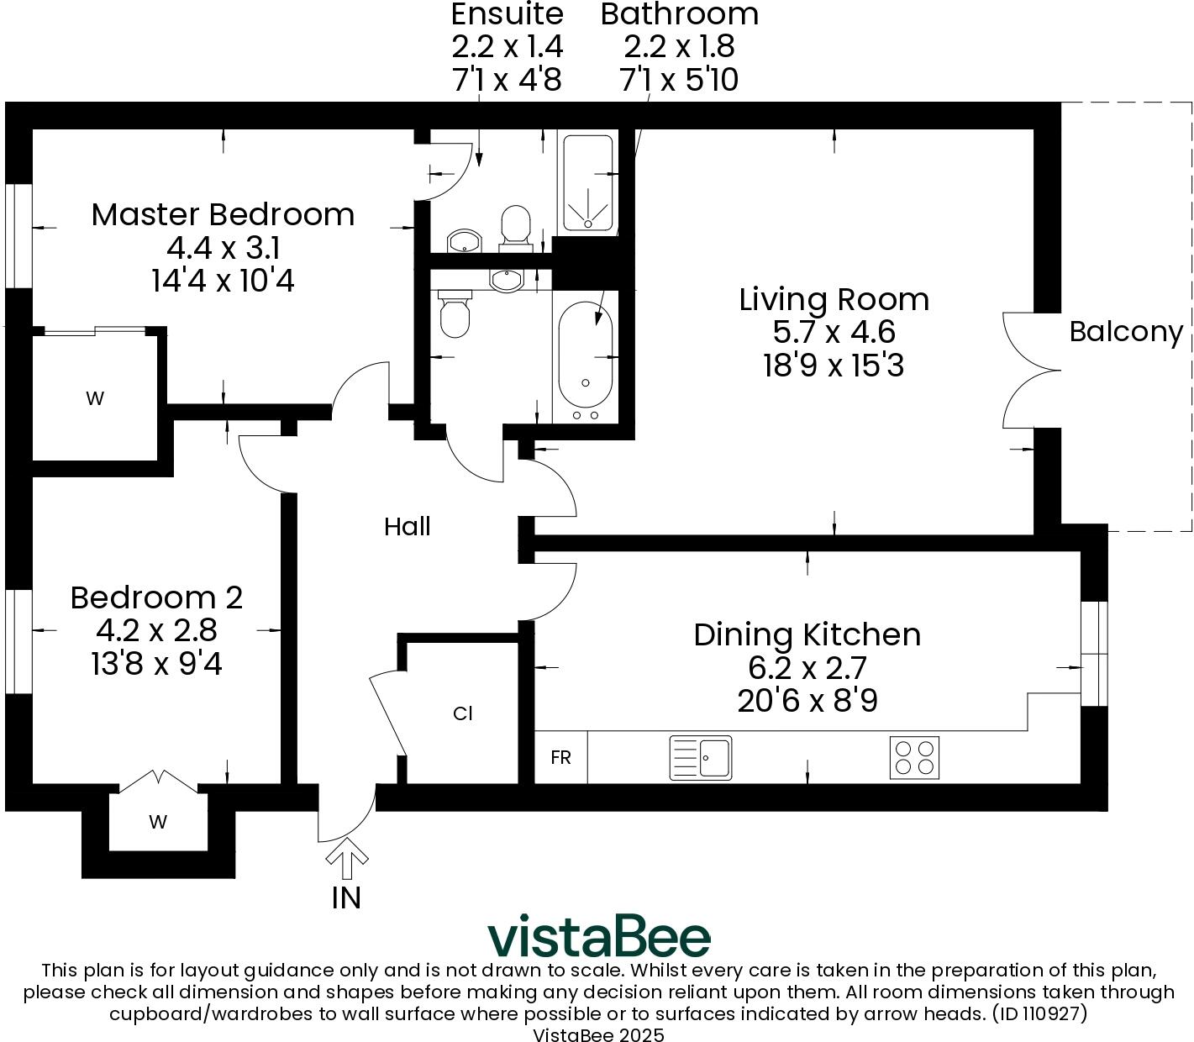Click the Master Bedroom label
[223, 214]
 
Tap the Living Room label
[834, 300]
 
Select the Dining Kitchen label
[807, 634]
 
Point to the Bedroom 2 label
[156, 597]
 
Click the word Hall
[407, 527]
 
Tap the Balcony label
[1126, 333]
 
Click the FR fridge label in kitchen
[560, 757]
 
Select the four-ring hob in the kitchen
[914, 757]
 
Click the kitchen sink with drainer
[700, 758]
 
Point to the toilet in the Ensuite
[515, 228]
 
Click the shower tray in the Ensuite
[587, 182]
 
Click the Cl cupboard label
[462, 713]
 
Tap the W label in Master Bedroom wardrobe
[95, 398]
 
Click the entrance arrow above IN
[347, 858]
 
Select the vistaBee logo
[599, 938]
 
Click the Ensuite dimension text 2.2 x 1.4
[507, 47]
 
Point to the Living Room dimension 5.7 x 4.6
[834, 333]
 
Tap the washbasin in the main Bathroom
[507, 280]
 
